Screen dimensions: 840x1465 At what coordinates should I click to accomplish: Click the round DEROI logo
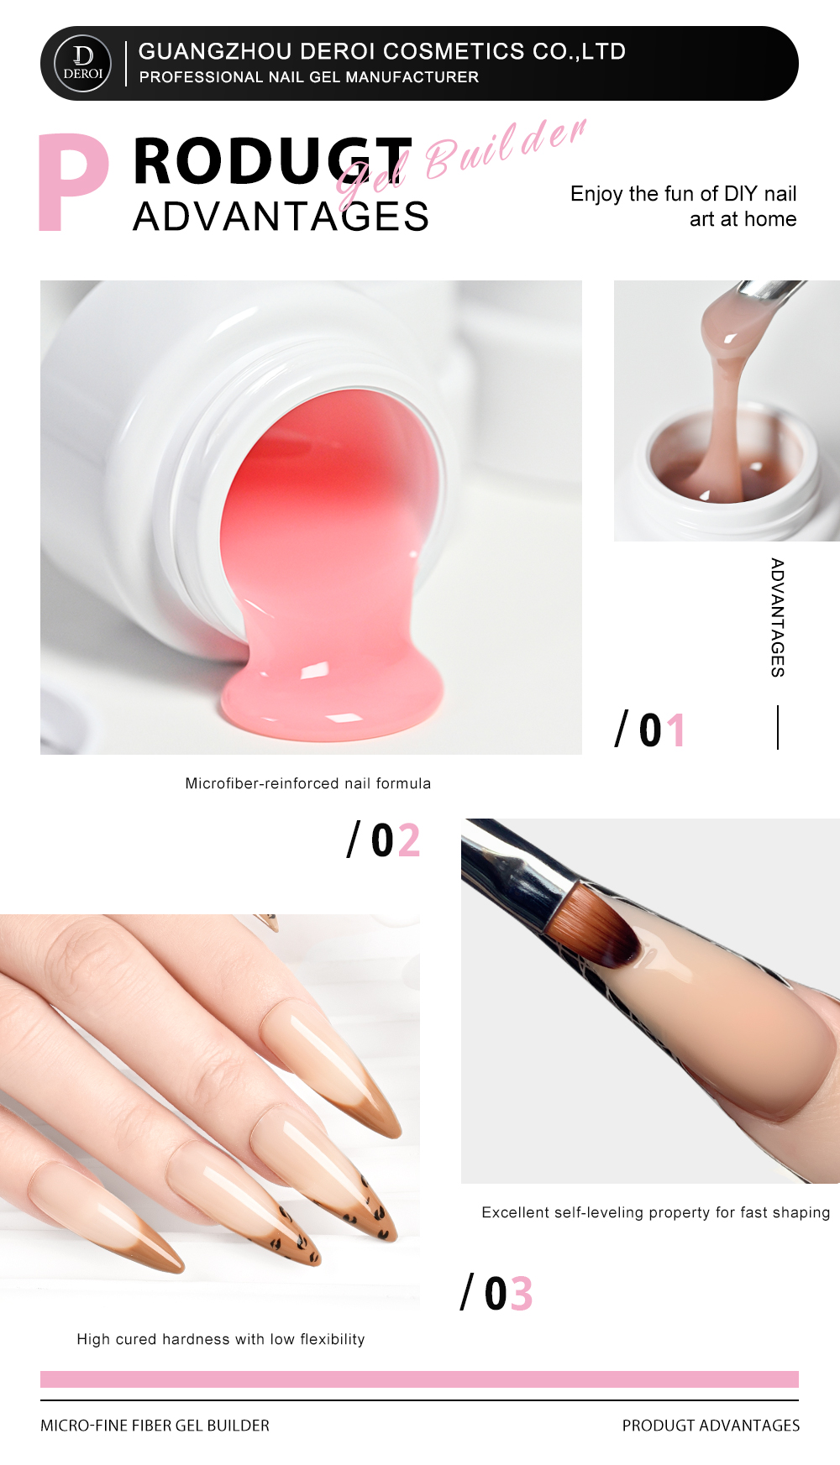point(82,64)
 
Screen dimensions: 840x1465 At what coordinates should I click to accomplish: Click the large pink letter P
point(74,182)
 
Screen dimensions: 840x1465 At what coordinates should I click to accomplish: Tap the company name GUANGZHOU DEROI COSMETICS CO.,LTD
point(382,51)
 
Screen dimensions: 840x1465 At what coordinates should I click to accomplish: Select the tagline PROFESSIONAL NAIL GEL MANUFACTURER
point(309,77)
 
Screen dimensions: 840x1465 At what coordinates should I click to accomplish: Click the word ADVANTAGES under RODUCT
point(281,217)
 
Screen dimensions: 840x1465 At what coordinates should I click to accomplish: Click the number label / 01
point(651,730)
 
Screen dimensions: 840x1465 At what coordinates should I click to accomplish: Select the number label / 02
point(384,840)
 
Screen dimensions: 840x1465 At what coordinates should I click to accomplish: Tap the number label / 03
point(496,1293)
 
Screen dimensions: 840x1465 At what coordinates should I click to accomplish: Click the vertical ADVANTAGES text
point(778,617)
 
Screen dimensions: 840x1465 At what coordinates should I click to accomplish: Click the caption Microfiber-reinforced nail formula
point(308,783)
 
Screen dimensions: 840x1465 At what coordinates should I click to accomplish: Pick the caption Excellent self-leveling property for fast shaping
point(656,1212)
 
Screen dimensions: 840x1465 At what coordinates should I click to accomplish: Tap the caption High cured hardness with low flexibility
point(221,1339)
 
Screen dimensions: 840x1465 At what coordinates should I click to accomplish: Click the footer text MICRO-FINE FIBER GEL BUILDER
point(155,1426)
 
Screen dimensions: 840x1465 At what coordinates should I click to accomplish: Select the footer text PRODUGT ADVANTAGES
point(711,1426)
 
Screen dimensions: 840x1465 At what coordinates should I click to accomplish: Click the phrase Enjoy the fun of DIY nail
point(684,194)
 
